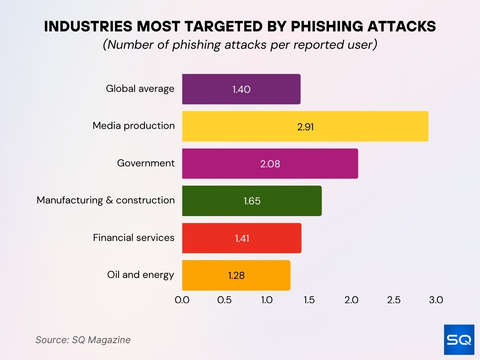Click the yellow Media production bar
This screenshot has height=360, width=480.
[x=305, y=126]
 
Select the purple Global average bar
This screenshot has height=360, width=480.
[x=241, y=89]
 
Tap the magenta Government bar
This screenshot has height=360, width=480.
[x=270, y=164]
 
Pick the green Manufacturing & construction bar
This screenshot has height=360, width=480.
[x=252, y=201]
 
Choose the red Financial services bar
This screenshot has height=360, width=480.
[x=241, y=238]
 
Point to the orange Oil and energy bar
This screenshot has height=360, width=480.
[x=236, y=275]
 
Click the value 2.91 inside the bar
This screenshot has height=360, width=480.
[x=305, y=127]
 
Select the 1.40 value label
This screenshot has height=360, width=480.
[x=241, y=89]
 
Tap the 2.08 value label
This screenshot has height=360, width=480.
[x=270, y=164]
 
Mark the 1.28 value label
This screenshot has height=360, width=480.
[x=236, y=276]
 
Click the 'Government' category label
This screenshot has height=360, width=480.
[x=146, y=163]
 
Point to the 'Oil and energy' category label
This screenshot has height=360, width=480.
[x=141, y=275]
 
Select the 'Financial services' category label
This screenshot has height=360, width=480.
[x=134, y=238]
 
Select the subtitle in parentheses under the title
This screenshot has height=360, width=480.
[x=240, y=45]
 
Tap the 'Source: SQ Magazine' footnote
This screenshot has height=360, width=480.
[x=83, y=340]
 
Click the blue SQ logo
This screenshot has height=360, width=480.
[x=459, y=339]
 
